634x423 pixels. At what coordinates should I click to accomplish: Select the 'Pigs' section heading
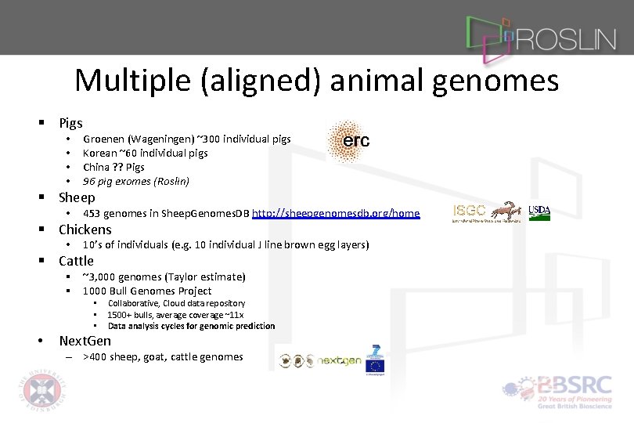tap(70, 123)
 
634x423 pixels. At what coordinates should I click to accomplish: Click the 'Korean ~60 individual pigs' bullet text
tap(145, 153)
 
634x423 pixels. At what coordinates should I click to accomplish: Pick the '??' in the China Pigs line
tap(115, 167)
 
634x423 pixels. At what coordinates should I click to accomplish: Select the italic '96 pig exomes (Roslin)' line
tap(136, 181)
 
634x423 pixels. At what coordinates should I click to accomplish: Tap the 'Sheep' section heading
tap(77, 197)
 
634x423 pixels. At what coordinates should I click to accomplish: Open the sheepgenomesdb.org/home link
tap(336, 213)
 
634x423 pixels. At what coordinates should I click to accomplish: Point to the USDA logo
tap(539, 211)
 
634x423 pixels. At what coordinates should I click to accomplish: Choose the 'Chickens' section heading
tap(85, 230)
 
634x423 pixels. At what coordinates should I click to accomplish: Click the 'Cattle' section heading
tap(76, 261)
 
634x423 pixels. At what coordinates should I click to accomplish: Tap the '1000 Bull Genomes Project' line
tap(146, 291)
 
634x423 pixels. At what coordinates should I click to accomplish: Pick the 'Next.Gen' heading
tap(85, 341)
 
